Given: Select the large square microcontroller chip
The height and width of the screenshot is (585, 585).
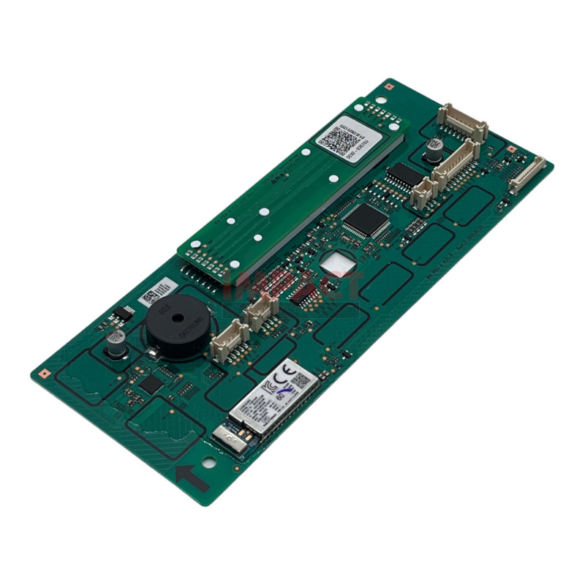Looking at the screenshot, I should coord(365,219).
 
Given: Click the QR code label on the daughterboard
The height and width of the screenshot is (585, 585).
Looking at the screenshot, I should coord(340,136).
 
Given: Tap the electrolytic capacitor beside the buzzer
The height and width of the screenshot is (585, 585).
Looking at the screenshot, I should coord(116,344).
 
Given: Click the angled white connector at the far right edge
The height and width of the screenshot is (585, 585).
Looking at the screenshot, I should coord(527,175).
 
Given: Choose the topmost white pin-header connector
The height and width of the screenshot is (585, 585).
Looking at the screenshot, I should coord(462,122).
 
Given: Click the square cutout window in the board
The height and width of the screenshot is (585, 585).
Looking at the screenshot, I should coord(336,263).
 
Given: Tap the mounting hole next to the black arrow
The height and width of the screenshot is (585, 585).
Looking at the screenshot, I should coord(210,464).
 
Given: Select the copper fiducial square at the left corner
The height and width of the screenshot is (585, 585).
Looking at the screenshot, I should coord(43,372).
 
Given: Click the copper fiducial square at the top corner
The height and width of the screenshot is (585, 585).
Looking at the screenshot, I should coord(389,86).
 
